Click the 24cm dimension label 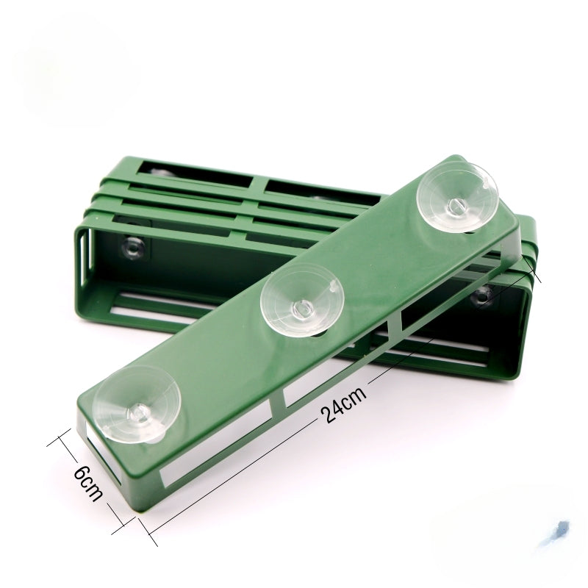pyautogui.click(x=343, y=406)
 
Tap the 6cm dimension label pyautogui.click(x=88, y=484)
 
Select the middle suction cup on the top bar pyautogui.click(x=303, y=298)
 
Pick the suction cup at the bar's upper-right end pyautogui.click(x=458, y=196)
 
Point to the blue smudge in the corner pyautogui.click(x=558, y=530)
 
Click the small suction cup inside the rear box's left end pyautogui.click(x=133, y=248)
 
